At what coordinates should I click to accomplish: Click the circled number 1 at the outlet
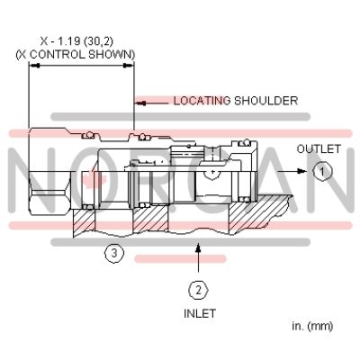322,168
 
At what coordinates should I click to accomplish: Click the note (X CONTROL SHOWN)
76,54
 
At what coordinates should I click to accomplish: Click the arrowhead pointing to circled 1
310,168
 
